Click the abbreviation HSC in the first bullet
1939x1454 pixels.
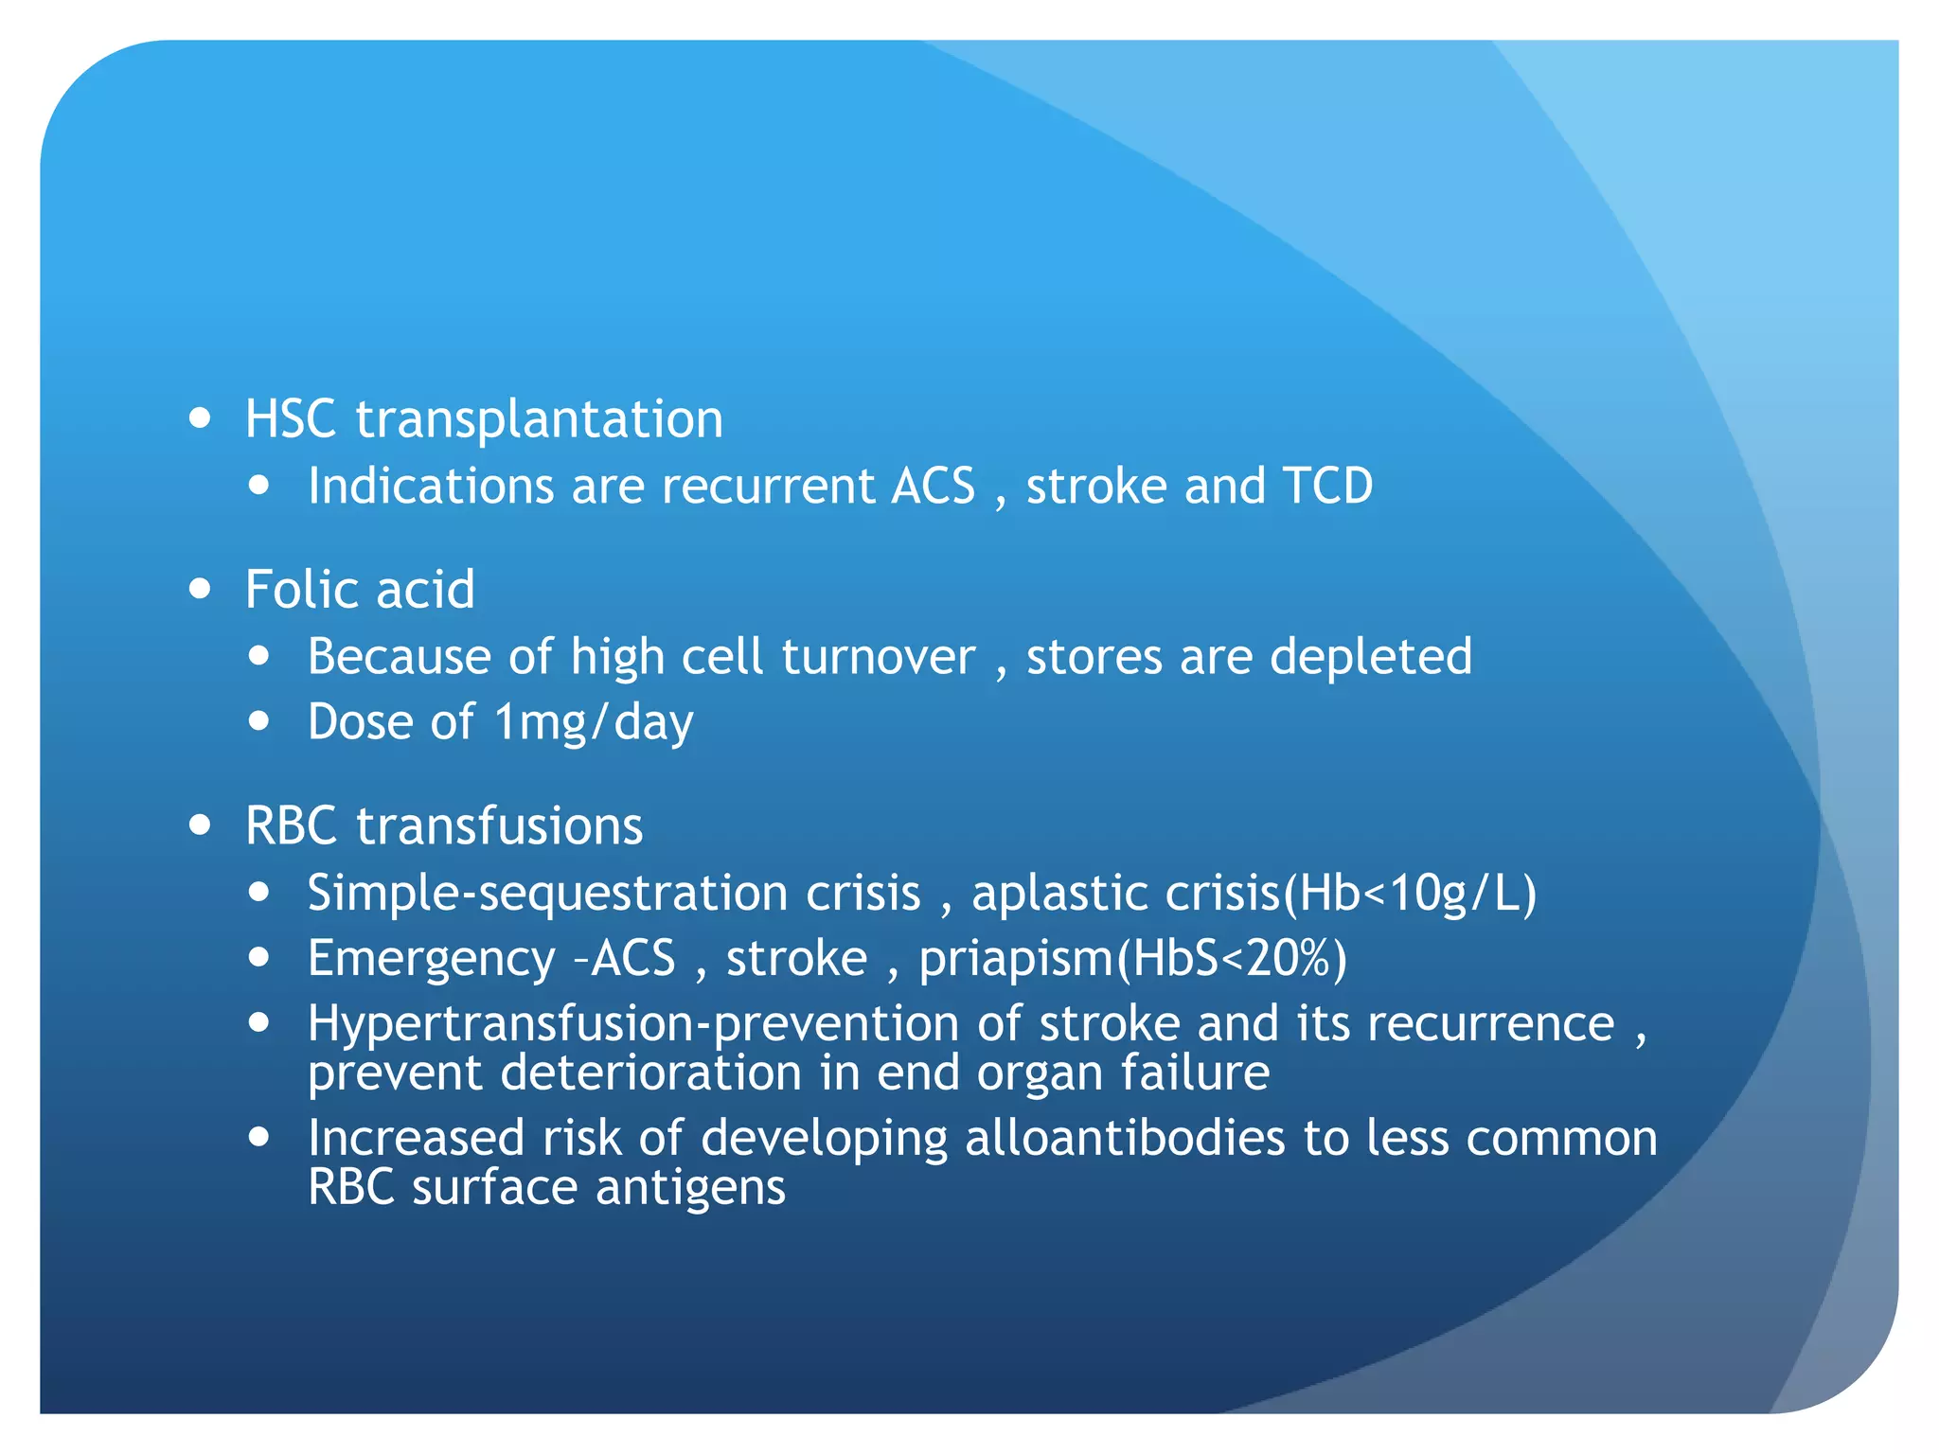click(x=291, y=418)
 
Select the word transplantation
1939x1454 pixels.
click(x=540, y=420)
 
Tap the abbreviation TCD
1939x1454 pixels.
click(x=1327, y=486)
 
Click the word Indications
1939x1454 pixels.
click(x=431, y=486)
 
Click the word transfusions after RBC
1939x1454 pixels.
click(x=499, y=825)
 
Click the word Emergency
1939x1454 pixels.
click(x=431, y=959)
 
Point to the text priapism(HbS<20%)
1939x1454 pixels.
click(x=1132, y=959)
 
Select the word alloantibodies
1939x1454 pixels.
click(x=1125, y=1138)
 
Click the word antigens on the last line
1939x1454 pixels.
click(x=690, y=1188)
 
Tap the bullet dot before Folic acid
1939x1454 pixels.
click(x=199, y=589)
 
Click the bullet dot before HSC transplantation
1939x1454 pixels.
click(x=199, y=417)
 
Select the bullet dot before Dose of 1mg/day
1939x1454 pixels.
click(x=258, y=721)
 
